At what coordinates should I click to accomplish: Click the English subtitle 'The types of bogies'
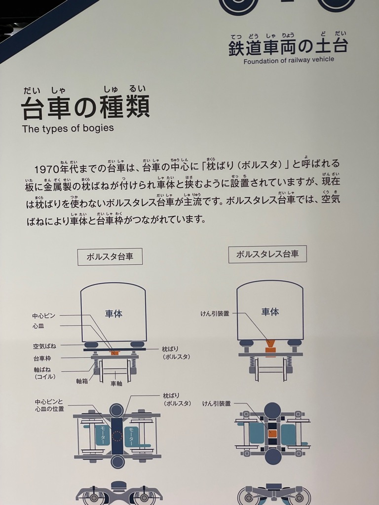pos(68,129)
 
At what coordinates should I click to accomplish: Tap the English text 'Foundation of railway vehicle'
pos(289,60)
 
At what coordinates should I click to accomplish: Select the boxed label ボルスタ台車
pos(110,256)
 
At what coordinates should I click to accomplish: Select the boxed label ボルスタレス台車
pos(267,254)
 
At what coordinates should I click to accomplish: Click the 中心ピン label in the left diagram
pos(44,316)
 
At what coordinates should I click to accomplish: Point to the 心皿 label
pos(38,326)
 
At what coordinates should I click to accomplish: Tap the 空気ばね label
pos(44,346)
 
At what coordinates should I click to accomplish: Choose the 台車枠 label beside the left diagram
pos(42,359)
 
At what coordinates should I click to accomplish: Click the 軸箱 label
pos(82,381)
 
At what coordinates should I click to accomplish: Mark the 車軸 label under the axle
pos(116,383)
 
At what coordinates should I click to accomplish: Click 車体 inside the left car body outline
pos(114,314)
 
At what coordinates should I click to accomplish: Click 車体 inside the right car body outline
pos(270,312)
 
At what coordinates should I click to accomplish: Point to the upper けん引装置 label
pos(215,313)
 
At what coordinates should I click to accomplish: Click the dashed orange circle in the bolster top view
pos(117,436)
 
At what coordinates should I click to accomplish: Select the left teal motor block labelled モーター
pos(103,436)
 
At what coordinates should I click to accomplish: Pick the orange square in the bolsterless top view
pos(272,433)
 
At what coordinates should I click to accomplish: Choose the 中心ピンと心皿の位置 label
pos(49,405)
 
